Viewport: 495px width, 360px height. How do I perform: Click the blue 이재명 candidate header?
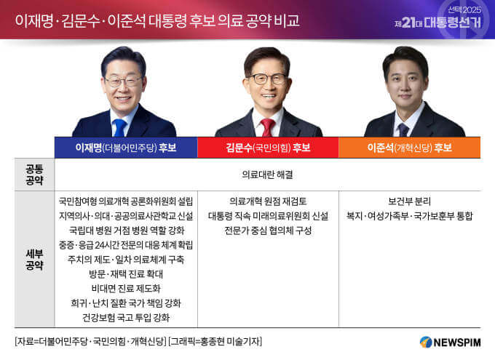coord(126,147)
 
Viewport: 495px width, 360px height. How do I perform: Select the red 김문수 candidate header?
coord(268,147)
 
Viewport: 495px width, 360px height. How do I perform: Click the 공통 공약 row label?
coord(34,174)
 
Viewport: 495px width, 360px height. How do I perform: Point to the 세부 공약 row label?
coord(34,260)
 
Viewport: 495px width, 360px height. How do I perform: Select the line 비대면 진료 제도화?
coord(126,288)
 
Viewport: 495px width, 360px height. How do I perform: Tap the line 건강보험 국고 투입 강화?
coord(126,317)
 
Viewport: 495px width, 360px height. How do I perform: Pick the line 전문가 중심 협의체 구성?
coord(268,230)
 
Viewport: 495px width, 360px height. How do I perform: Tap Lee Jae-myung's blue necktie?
coord(119,127)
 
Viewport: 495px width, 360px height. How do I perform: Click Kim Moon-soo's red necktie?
coord(267,127)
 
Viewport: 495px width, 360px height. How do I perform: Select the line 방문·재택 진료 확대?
coord(126,273)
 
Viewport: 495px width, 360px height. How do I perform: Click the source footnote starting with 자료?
coord(138,341)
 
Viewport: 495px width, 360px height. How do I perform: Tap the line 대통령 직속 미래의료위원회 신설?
coord(268,215)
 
